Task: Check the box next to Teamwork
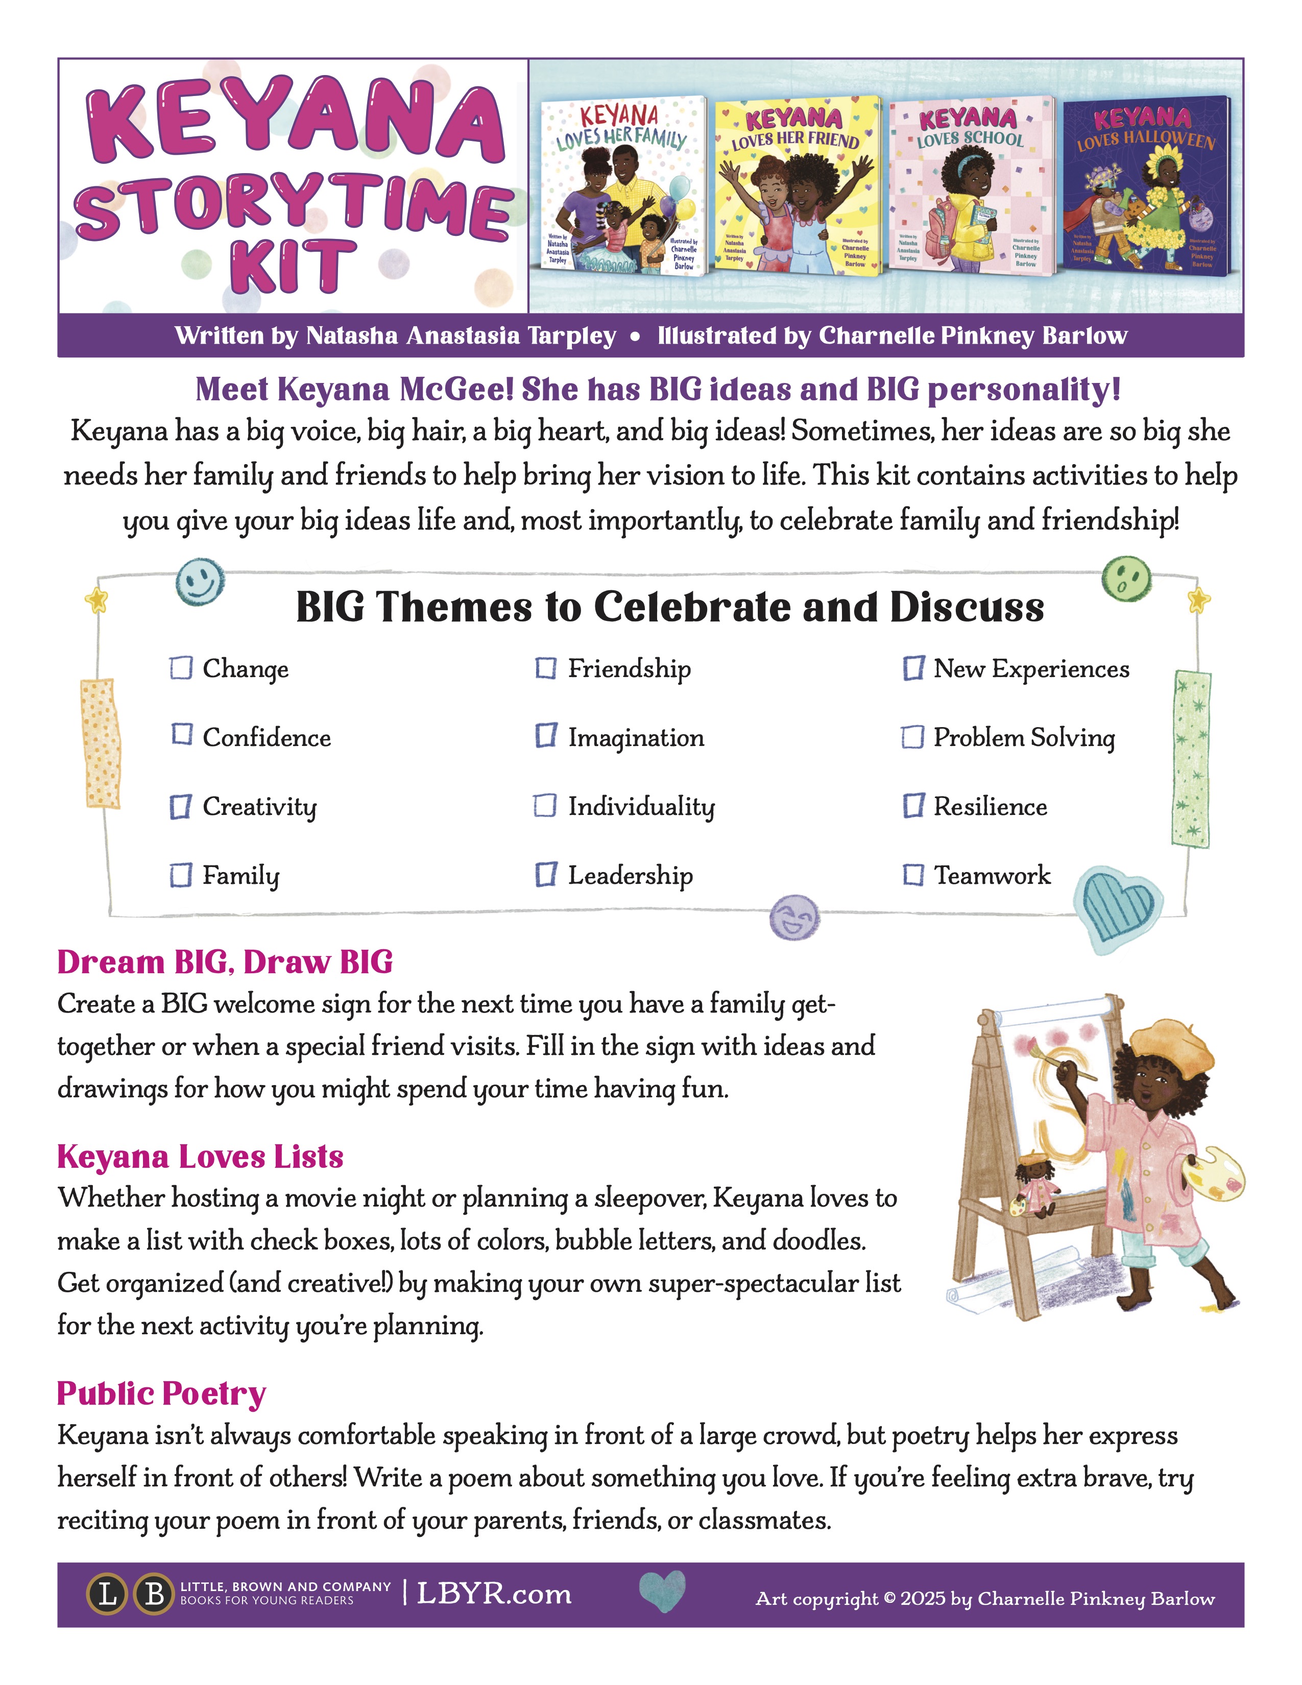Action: click(x=913, y=875)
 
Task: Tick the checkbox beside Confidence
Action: click(x=182, y=734)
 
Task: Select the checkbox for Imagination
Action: click(x=546, y=735)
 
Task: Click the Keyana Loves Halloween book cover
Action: click(x=1146, y=185)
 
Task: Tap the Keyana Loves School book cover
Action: click(x=971, y=185)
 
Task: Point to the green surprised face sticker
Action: click(x=1126, y=580)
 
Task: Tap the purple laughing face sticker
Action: click(x=794, y=918)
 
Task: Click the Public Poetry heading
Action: click(x=161, y=1393)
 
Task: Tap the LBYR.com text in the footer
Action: click(x=494, y=1594)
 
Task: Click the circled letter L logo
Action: click(x=108, y=1594)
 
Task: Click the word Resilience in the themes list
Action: click(x=991, y=807)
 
